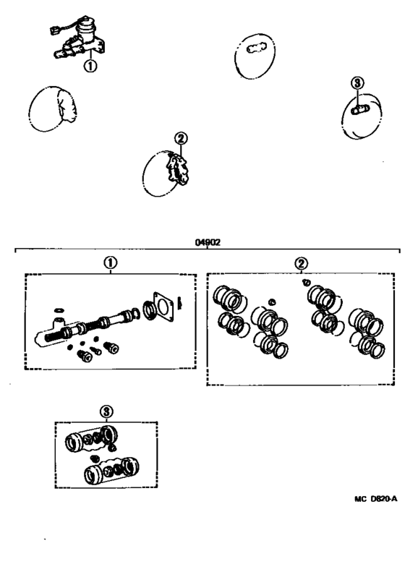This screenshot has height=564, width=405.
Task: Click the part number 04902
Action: coord(208,244)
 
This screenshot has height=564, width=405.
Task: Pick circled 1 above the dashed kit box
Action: coord(109,263)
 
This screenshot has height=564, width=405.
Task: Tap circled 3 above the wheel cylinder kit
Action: coord(106,411)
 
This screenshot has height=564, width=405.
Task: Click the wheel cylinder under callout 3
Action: coord(359,110)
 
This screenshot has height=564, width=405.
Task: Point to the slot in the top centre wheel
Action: coord(258,49)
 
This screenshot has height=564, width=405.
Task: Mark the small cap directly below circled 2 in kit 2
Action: coord(306,281)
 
